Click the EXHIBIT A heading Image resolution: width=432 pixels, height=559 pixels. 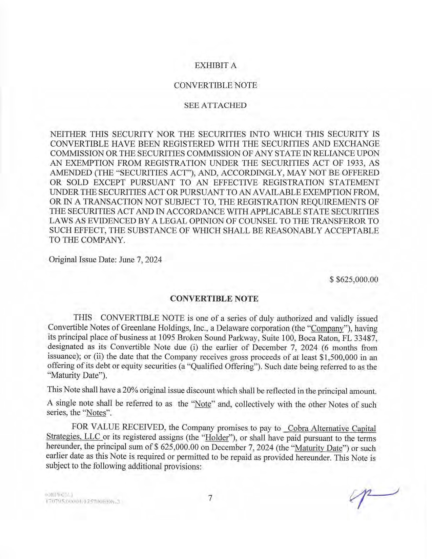click(x=215, y=65)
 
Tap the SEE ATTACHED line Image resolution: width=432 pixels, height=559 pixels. click(x=215, y=105)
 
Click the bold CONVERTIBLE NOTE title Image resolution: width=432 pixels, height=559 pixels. click(x=214, y=298)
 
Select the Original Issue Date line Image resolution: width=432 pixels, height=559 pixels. click(x=105, y=260)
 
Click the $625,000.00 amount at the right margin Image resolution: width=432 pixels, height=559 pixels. click(x=354, y=279)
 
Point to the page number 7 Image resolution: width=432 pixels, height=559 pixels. click(x=210, y=498)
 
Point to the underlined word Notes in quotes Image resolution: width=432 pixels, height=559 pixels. click(x=97, y=413)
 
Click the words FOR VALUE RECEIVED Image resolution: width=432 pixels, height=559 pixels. click(x=118, y=427)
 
